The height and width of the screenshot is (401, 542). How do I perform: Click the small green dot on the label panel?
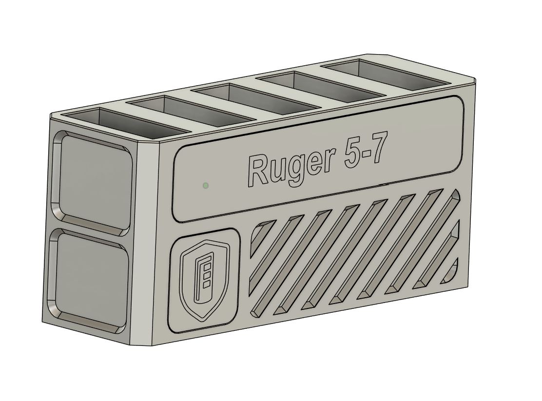[206, 185]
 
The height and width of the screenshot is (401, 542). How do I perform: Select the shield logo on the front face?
[204, 282]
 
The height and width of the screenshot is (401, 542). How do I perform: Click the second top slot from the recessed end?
[193, 110]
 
